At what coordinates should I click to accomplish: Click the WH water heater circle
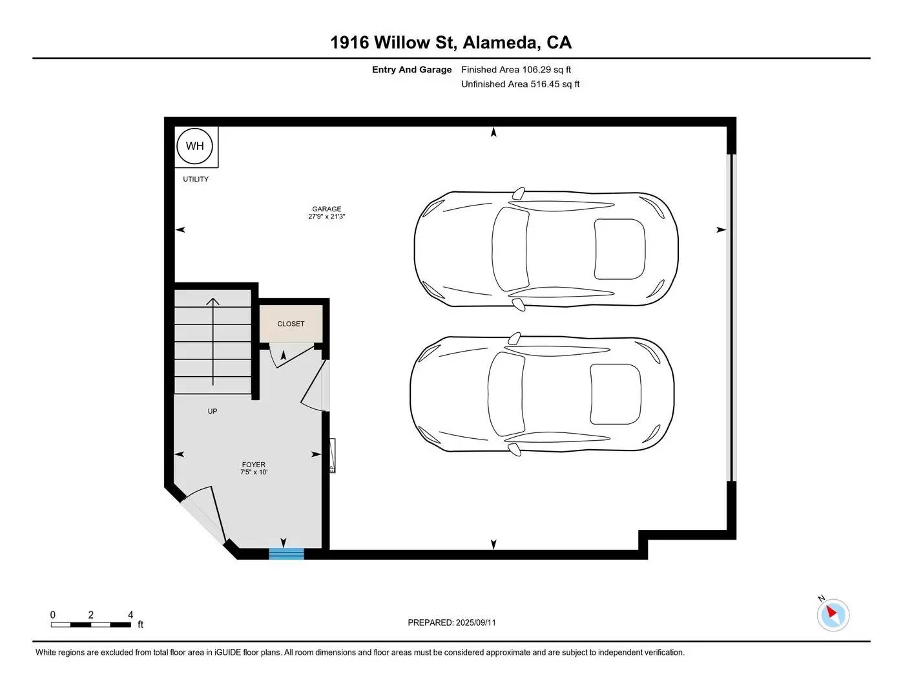pyautogui.click(x=194, y=146)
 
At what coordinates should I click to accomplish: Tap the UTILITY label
pyautogui.click(x=196, y=179)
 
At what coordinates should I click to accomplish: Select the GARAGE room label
pyautogui.click(x=327, y=209)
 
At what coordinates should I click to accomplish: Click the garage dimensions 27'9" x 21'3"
pyautogui.click(x=327, y=217)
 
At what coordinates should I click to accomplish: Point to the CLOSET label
pyautogui.click(x=291, y=324)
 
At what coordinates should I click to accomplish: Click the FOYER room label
pyautogui.click(x=253, y=464)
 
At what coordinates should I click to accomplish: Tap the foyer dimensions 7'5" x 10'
pyautogui.click(x=253, y=472)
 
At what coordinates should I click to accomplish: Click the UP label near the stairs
pyautogui.click(x=213, y=411)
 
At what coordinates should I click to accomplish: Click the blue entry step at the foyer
pyautogui.click(x=286, y=554)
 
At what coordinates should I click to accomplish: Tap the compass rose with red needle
pyautogui.click(x=833, y=615)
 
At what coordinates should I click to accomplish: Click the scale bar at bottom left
pyautogui.click(x=91, y=624)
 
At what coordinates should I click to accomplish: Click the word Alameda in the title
pyautogui.click(x=502, y=43)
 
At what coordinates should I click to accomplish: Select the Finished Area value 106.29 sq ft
pyautogui.click(x=546, y=69)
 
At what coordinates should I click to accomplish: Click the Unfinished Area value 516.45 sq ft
pyautogui.click(x=555, y=84)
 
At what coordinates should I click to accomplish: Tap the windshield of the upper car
pyautogui.click(x=510, y=249)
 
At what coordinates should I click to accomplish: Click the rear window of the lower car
pyautogui.click(x=616, y=394)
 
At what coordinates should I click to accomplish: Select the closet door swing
pyautogui.click(x=291, y=356)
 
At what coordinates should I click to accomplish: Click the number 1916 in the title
pyautogui.click(x=349, y=43)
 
